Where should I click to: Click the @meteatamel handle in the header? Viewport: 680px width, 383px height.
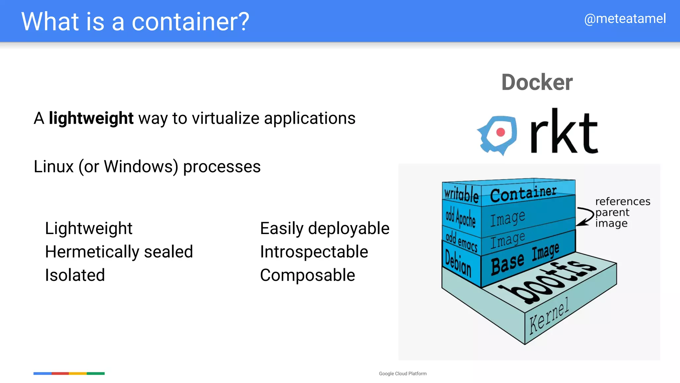point(625,19)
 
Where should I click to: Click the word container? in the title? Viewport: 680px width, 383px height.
point(190,22)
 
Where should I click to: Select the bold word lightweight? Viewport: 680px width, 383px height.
point(91,118)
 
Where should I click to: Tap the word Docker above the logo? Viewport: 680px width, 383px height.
point(537,82)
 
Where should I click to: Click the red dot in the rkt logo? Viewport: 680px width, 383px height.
point(500,132)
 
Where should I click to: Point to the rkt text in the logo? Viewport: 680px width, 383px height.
point(564,132)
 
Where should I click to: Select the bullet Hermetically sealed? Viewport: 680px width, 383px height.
point(119,252)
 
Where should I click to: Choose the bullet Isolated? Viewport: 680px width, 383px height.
point(75,275)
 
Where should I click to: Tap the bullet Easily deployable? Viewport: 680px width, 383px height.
point(324,228)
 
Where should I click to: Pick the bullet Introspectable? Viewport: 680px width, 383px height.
point(314,252)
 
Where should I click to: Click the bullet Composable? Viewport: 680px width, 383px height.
point(307,275)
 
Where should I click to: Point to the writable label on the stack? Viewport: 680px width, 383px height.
point(461,194)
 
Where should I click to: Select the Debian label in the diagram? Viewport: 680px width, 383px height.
point(458,263)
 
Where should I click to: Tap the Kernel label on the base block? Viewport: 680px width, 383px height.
point(549,315)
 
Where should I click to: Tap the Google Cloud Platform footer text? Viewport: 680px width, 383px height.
point(402,374)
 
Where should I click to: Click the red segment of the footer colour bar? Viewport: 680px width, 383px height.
point(60,373)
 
